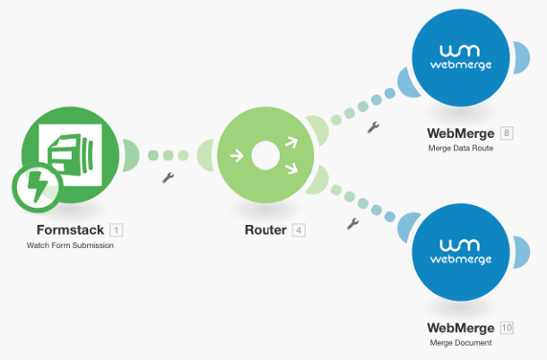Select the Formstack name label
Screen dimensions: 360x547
tap(70, 230)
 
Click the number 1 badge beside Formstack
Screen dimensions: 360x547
tap(116, 230)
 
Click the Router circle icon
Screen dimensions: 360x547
tap(265, 154)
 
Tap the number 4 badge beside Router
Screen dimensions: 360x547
tap(299, 230)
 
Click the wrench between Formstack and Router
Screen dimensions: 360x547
tap(168, 178)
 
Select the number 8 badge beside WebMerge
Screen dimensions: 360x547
tap(506, 132)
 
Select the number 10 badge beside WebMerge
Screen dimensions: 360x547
tap(506, 327)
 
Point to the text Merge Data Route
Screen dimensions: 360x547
tap(461, 148)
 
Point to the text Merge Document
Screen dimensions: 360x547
tap(461, 343)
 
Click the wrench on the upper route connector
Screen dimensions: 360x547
tap(373, 125)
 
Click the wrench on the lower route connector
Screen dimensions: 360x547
tap(352, 224)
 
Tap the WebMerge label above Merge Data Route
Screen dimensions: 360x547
tap(461, 132)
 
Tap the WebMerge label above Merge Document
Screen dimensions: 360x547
tap(461, 327)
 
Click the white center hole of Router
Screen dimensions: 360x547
tap(265, 154)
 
